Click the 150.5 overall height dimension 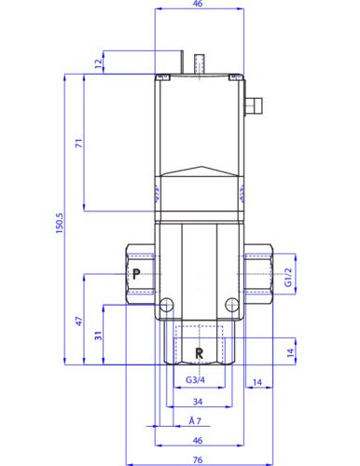(60, 223)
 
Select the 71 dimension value (79, 144)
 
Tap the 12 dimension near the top (99, 63)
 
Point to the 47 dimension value (79, 322)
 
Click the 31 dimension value (98, 336)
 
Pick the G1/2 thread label (289, 277)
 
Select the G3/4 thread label (195, 379)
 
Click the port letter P (136, 274)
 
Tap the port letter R (200, 353)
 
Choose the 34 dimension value (198, 402)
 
